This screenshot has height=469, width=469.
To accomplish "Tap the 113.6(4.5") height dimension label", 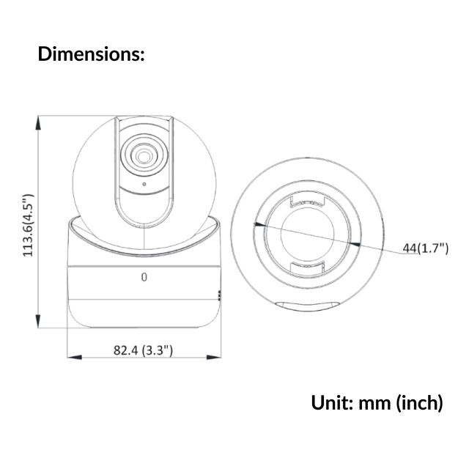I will [28, 225].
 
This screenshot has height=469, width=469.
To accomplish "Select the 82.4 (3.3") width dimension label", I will [144, 350].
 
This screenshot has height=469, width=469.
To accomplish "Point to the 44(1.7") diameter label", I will [425, 248].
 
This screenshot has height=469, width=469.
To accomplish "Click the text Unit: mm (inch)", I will [377, 402].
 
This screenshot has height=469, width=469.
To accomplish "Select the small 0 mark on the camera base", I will [144, 277].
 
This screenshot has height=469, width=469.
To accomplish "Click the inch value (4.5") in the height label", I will [28, 208].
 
